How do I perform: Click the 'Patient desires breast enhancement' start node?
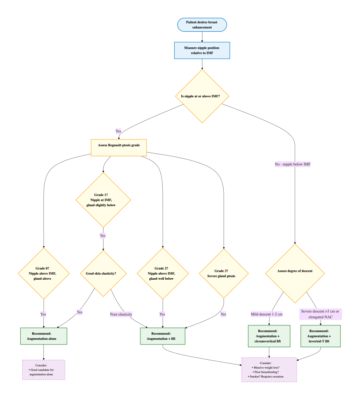point(202,25)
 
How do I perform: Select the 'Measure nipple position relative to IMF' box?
point(202,50)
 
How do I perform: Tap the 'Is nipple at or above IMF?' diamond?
point(202,96)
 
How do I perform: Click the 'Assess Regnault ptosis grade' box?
point(119,148)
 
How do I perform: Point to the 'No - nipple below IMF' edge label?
point(293,164)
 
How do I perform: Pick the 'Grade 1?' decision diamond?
point(103,200)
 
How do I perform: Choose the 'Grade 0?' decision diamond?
point(44,273)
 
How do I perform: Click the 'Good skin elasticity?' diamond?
point(103,273)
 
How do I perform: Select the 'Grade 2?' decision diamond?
point(163,273)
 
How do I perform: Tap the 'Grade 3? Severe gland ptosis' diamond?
point(224,273)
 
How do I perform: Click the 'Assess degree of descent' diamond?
point(295,273)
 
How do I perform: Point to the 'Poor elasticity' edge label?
point(121,314)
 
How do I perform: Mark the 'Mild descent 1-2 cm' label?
point(267,314)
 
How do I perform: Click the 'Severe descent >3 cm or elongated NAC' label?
point(321,314)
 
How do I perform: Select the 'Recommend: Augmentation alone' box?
point(44,336)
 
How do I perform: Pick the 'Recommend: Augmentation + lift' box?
point(163,336)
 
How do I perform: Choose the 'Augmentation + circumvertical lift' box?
point(269,336)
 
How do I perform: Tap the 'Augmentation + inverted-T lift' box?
point(321,336)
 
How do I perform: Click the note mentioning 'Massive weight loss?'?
point(269,370)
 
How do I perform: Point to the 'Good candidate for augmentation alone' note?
point(44,370)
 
